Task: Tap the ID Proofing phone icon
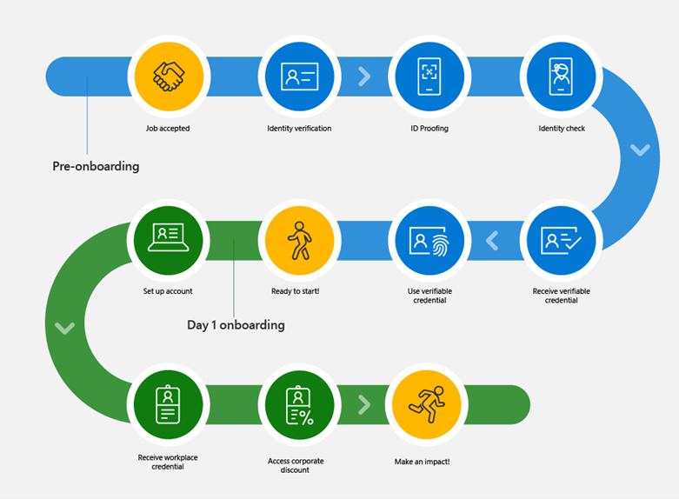click(429, 76)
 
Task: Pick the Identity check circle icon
click(562, 76)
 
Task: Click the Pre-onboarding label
click(96, 166)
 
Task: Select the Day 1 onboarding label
click(236, 325)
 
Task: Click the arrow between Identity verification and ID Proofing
click(364, 77)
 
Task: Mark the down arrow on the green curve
click(64, 328)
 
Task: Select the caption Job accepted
click(168, 129)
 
